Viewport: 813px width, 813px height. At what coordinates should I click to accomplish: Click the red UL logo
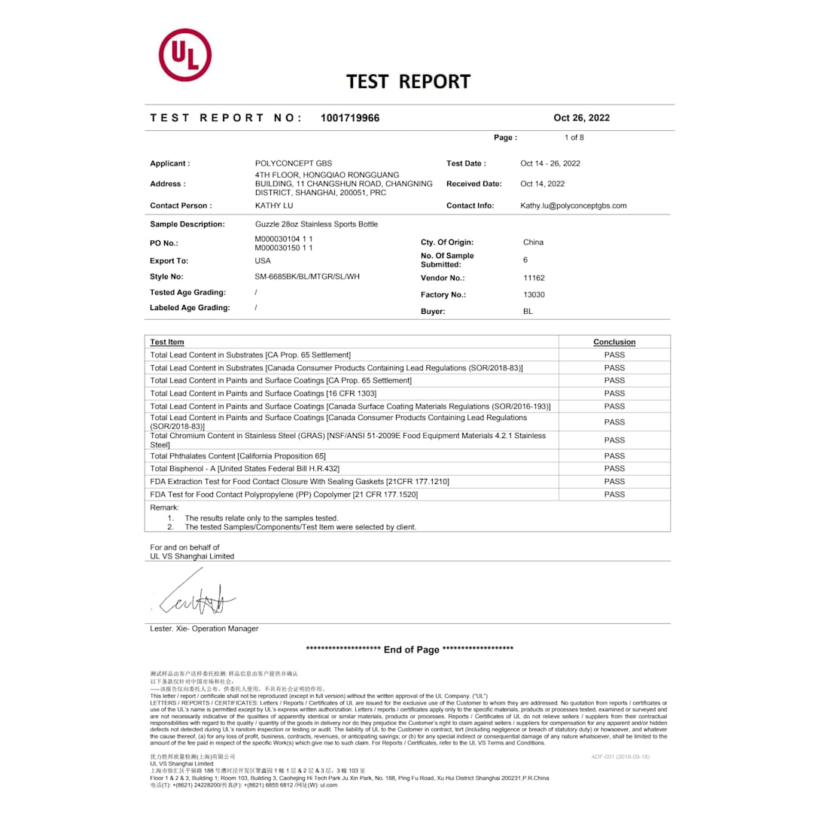pos(184,55)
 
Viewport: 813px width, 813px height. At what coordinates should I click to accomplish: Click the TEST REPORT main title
pos(408,81)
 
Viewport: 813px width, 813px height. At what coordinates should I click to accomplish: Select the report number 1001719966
pos(350,117)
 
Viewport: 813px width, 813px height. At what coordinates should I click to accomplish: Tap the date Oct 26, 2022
pos(581,117)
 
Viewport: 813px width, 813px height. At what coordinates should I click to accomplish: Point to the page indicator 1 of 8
pos(574,138)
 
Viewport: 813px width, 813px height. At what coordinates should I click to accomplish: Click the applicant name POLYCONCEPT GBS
pos(294,163)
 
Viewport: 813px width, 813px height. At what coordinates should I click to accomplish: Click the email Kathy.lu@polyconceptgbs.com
pos(574,206)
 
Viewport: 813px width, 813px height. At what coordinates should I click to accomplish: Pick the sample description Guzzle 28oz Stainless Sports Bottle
pos(316,224)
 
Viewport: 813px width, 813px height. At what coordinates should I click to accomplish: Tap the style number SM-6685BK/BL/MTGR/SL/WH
pos(307,276)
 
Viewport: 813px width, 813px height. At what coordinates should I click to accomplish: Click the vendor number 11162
pos(534,278)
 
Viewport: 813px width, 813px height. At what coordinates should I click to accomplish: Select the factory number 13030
pos(534,295)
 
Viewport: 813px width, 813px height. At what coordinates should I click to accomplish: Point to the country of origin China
pos(533,242)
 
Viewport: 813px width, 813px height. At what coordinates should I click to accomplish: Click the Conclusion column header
pos(614,342)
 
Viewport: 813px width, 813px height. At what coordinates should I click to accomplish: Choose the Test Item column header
pos(167,342)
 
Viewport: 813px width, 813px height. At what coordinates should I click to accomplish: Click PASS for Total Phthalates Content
pos(614,456)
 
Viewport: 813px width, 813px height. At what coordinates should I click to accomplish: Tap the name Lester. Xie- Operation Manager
pos(204,629)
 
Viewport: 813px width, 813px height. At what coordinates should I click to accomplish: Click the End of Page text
pos(410,650)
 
